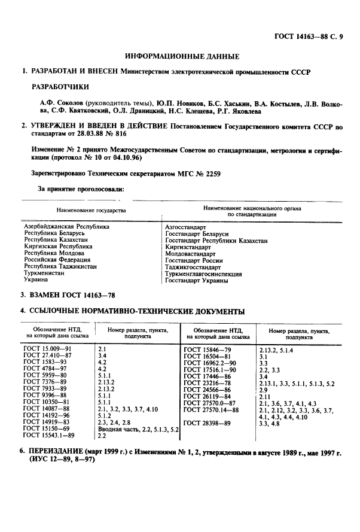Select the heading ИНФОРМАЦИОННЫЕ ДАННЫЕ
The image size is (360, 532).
tap(182, 56)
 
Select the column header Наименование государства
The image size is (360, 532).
tap(91, 211)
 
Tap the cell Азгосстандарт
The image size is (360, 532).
tap(185, 228)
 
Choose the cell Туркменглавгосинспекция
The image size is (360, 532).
tap(203, 274)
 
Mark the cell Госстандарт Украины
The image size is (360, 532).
tap(197, 281)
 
